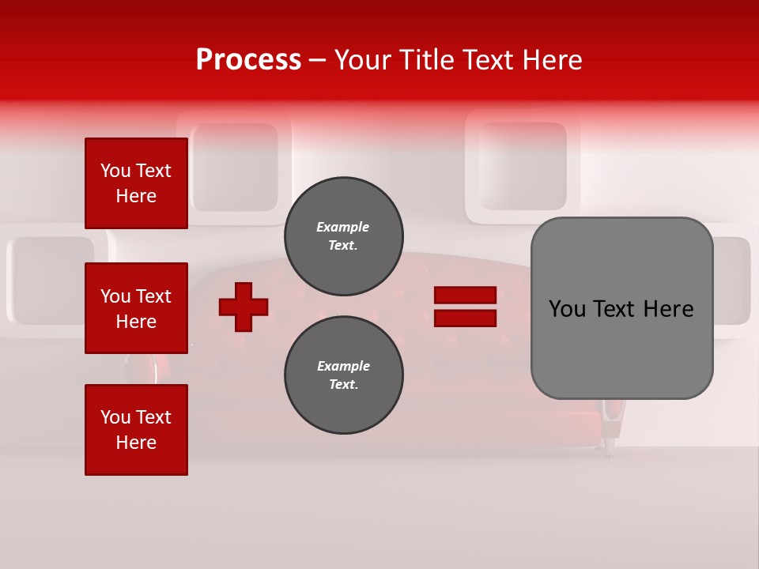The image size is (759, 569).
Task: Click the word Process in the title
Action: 248,60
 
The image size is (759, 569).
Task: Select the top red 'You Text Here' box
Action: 136,183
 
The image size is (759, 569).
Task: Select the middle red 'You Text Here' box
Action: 136,308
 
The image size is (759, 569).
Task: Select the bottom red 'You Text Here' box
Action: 136,430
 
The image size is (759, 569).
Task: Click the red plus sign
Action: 244,307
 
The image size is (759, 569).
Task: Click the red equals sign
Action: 465,307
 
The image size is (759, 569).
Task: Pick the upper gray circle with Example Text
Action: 343,236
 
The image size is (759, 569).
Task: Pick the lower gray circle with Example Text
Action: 343,375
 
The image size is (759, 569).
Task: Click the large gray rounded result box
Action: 621,308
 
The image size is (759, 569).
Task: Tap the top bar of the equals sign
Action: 465,296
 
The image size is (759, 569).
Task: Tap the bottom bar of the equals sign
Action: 465,318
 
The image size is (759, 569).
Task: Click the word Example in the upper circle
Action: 342,227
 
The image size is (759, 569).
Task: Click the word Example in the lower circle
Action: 343,366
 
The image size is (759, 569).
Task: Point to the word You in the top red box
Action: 115,171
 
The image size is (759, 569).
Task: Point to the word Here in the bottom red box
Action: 136,443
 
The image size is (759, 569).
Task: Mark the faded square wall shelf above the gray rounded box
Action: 522,166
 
